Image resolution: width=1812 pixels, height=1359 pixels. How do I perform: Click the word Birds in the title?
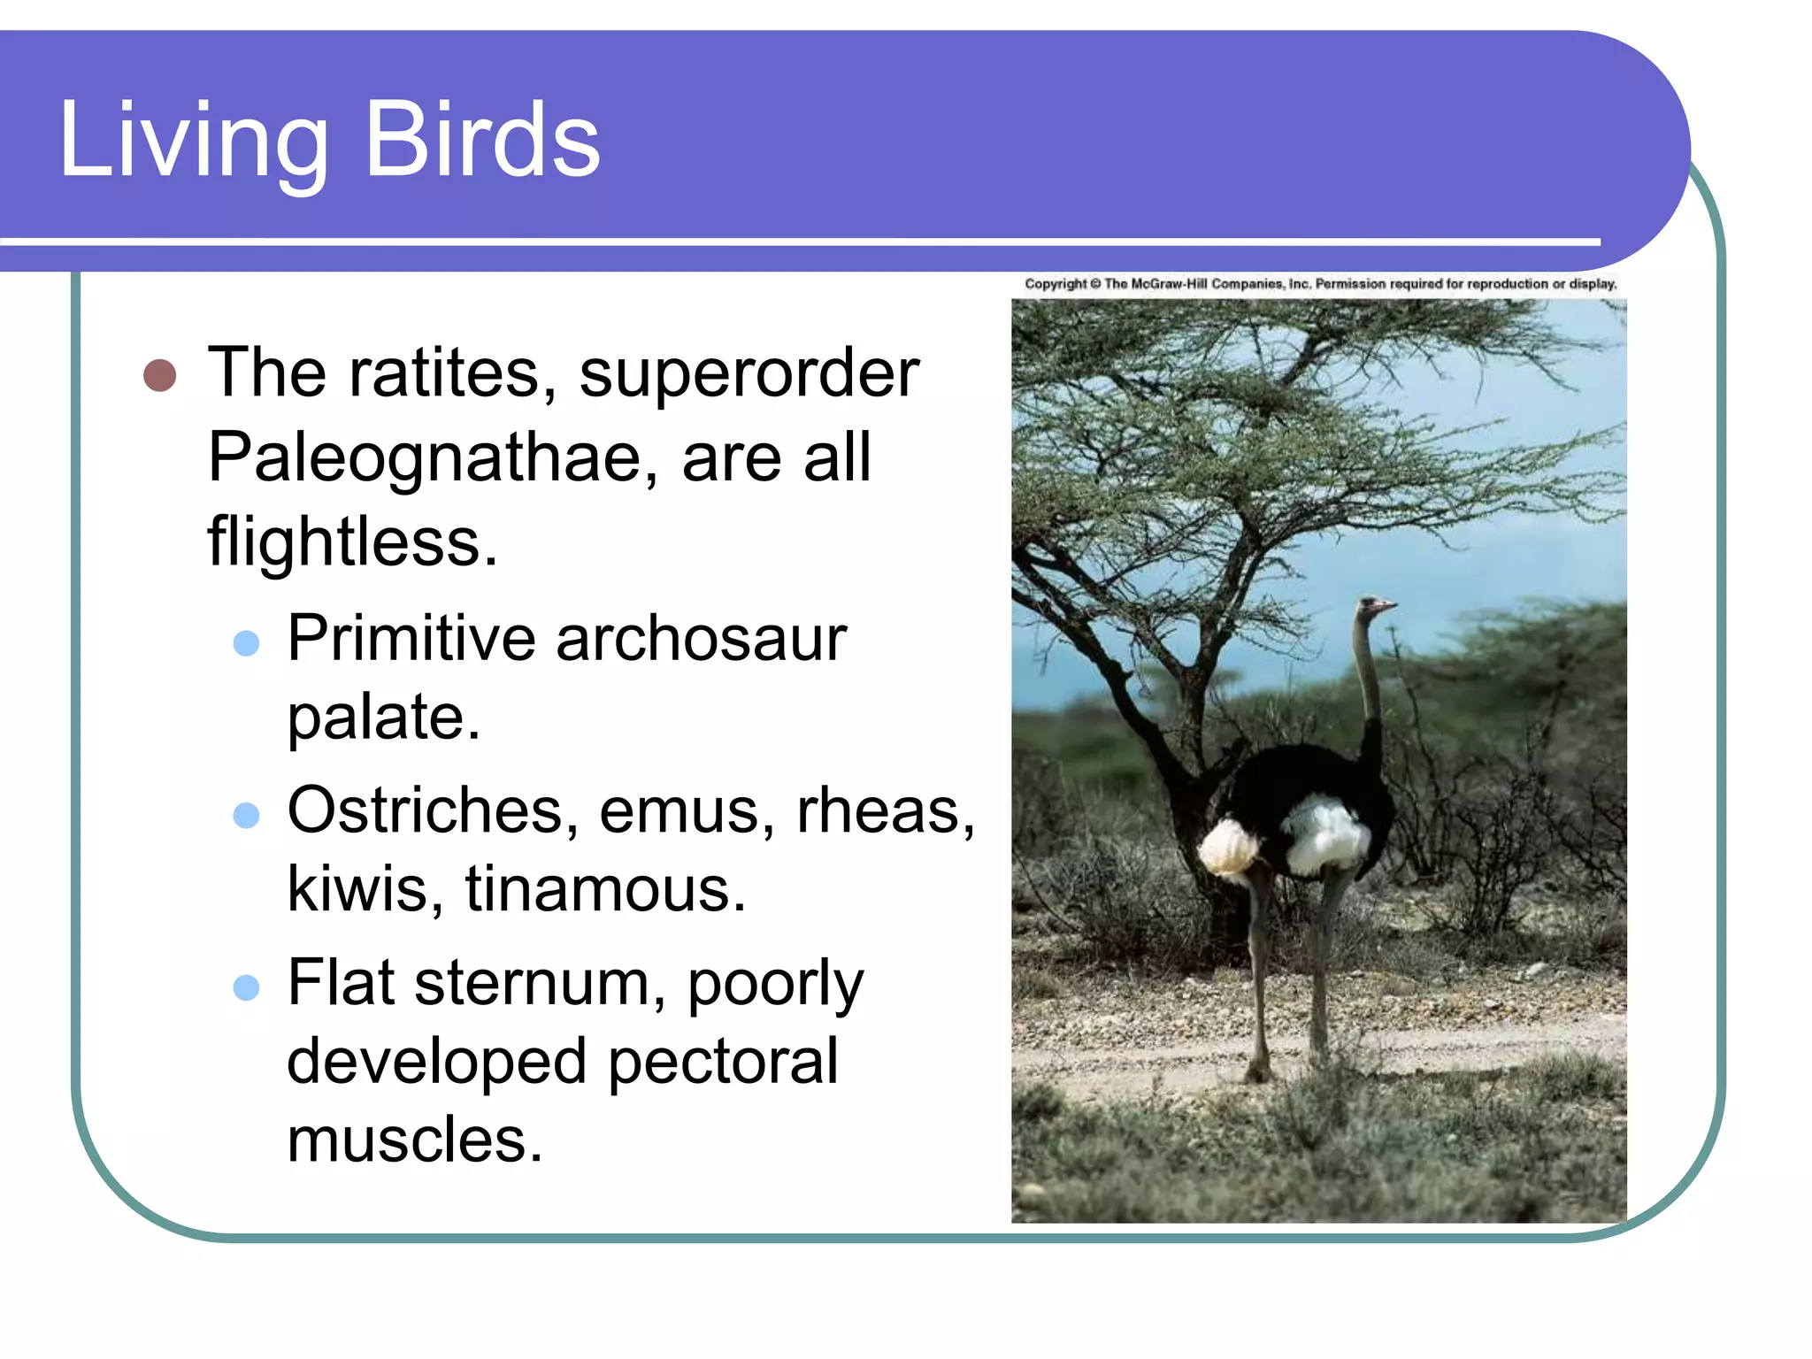[482, 140]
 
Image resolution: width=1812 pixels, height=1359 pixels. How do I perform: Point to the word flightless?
[352, 541]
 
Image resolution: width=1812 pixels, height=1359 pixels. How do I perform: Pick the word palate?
[383, 716]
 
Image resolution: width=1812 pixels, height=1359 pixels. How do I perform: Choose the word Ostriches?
[426, 810]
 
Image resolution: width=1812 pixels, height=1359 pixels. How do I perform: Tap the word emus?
[687, 810]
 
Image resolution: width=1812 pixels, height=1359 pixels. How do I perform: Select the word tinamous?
[605, 888]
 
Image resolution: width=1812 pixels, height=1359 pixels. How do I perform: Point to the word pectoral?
[723, 1061]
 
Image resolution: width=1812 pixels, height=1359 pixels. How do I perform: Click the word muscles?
[414, 1140]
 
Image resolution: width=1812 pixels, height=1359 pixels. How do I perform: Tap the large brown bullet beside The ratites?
[159, 375]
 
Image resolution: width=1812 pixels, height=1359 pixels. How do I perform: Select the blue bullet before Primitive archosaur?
[246, 642]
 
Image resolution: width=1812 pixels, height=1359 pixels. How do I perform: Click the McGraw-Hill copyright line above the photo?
[1319, 284]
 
